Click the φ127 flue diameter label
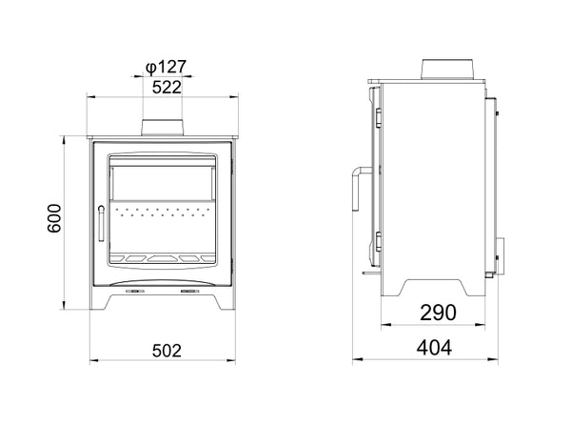point(166,67)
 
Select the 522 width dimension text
point(167,88)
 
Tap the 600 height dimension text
point(54,218)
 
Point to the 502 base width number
point(167,351)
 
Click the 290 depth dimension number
point(438,313)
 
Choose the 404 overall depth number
point(435,348)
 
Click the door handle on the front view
point(101,223)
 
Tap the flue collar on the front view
point(162,128)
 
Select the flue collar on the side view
point(447,70)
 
